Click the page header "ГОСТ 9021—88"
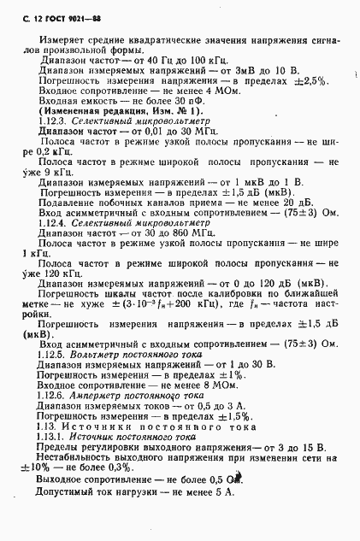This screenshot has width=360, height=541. pos(54,10)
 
